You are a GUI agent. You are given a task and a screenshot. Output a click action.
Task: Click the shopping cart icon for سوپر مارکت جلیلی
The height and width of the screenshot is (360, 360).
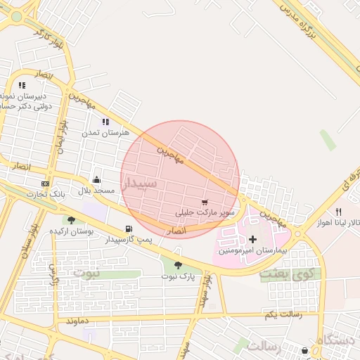pos(205,202)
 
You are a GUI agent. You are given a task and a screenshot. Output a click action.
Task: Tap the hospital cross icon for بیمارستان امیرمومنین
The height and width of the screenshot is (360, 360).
pos(253,240)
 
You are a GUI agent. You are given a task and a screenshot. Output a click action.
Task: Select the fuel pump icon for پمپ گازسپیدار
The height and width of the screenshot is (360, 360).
pos(128,229)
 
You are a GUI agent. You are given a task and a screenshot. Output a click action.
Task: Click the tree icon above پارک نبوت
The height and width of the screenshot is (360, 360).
pos(178,265)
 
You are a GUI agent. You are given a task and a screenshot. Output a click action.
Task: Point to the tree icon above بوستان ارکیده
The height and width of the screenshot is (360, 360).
pos(71,220)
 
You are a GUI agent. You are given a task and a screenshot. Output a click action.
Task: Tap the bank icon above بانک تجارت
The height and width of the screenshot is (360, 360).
pos(46,183)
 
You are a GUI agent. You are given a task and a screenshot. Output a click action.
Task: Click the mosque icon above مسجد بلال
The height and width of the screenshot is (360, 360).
pos(96,179)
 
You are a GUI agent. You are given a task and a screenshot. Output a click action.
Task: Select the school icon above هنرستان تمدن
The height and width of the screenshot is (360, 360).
pos(105,122)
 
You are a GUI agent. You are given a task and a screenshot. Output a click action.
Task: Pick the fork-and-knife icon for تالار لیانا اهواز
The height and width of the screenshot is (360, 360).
pos(338,212)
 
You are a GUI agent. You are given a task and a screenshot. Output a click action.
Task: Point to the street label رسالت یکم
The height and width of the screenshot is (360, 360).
pos(278,314)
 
